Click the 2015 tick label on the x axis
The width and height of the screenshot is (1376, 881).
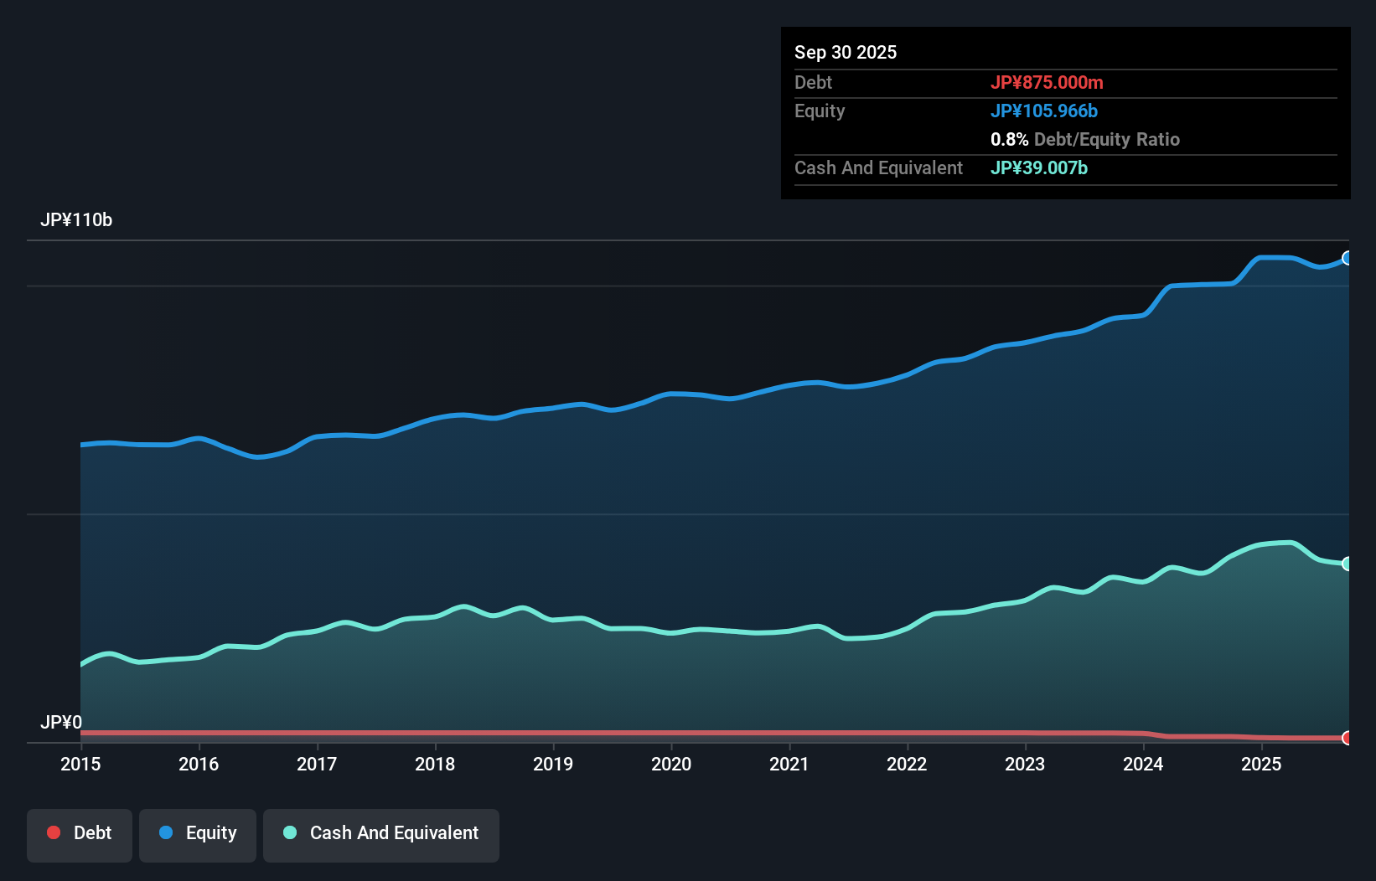80,764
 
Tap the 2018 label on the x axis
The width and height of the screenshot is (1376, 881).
435,764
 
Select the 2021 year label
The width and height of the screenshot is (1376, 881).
789,764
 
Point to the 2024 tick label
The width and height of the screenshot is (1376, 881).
1143,764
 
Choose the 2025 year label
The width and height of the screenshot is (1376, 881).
1261,764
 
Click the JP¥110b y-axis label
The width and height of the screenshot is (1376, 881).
76,220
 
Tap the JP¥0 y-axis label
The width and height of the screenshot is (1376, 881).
61,722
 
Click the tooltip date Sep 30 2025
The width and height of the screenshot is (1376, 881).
846,52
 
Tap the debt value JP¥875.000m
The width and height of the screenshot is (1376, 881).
1047,82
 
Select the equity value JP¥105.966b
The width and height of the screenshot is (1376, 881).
1044,111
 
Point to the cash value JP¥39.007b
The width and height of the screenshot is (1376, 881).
1039,167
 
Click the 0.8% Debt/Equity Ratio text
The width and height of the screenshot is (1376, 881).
1085,139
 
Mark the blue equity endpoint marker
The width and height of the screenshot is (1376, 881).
1348,258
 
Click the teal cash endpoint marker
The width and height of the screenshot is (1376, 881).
1348,564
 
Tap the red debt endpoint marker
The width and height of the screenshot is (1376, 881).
1348,738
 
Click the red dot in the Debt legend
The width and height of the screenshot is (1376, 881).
54,832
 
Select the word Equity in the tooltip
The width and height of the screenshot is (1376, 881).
820,111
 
